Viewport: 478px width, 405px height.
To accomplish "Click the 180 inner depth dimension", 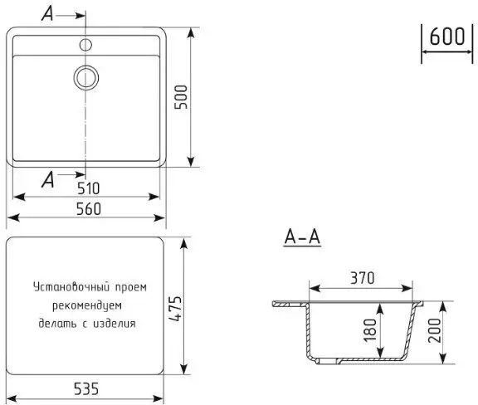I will (369, 331).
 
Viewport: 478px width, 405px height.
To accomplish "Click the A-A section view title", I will (302, 237).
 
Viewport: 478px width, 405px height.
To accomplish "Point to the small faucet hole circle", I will (85, 41).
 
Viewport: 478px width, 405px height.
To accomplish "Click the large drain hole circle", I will (85, 77).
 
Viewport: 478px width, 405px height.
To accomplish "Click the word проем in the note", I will (129, 288).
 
